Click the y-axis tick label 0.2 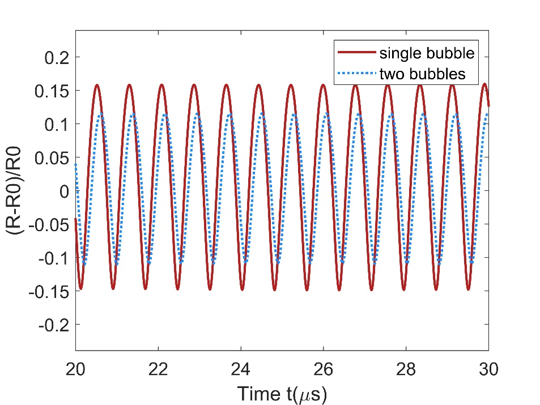[57, 57]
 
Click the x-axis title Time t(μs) [282, 392]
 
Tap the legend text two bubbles [422, 74]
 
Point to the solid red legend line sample [356, 54]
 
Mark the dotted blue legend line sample [356, 74]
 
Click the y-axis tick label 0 [65, 191]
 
